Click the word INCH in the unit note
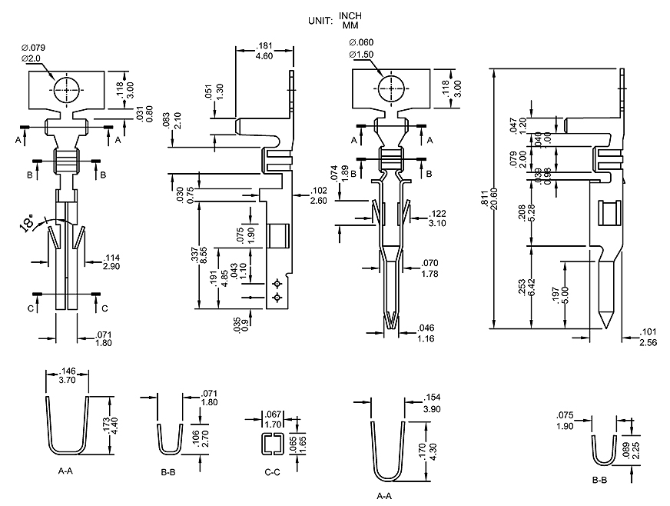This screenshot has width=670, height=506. tap(350, 16)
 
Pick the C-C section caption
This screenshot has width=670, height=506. tap(272, 471)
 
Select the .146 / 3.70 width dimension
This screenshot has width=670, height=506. tap(67, 375)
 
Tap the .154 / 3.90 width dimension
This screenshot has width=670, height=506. tap(432, 402)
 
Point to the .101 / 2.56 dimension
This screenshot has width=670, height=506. tap(648, 338)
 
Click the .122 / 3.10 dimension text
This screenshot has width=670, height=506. tap(436, 218)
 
